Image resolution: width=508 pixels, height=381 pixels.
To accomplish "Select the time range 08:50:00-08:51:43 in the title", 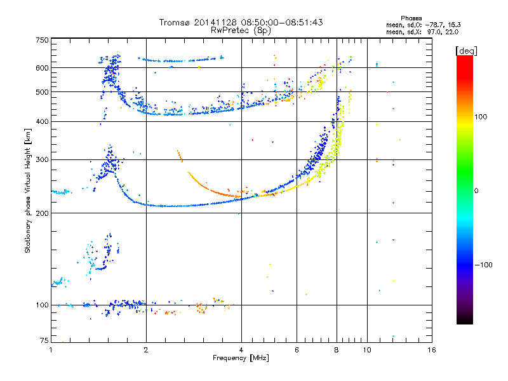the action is point(282,22).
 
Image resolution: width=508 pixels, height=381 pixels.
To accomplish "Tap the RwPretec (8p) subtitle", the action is point(241,30).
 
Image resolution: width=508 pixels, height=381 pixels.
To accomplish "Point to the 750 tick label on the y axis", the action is point(42,40).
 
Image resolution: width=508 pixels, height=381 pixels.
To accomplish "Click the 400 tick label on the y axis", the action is point(42,121).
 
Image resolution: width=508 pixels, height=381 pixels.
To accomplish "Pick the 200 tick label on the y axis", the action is point(42,213).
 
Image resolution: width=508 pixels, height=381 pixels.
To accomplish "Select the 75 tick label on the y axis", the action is point(44,340).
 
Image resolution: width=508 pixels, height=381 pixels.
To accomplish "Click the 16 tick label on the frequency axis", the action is point(432,350).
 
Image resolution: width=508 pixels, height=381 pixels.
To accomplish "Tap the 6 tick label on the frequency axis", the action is point(297,350).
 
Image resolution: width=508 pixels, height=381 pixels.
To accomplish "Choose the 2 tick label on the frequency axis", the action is point(146,350).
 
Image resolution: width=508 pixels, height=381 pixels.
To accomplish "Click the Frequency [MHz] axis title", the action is point(241,358).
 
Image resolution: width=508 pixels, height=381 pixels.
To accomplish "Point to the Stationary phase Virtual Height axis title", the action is point(28,191).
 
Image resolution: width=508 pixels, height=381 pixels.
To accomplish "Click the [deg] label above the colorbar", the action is point(466,51).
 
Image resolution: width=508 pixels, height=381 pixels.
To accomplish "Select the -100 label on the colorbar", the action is point(484,265).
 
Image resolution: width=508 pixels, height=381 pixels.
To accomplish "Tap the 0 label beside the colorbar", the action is point(476,190).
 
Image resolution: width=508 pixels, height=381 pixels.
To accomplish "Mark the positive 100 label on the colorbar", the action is point(481,117).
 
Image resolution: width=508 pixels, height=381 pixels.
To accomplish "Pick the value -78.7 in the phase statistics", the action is point(434,25).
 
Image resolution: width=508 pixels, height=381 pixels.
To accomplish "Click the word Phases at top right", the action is point(411,18).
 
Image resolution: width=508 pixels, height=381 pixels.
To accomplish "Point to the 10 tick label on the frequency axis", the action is point(367,350).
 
